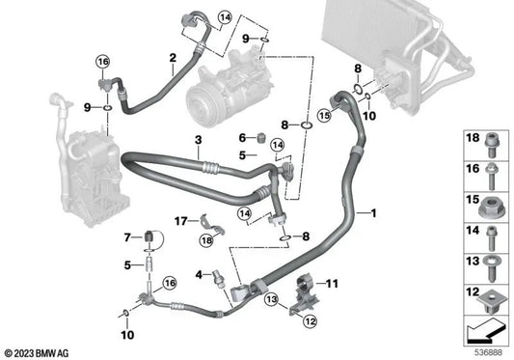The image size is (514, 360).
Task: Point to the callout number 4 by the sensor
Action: click(200, 275)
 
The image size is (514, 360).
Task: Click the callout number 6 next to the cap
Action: click(245, 137)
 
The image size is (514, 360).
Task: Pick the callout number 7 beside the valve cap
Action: click(126, 236)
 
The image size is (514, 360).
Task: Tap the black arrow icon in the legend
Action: click(486, 332)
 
